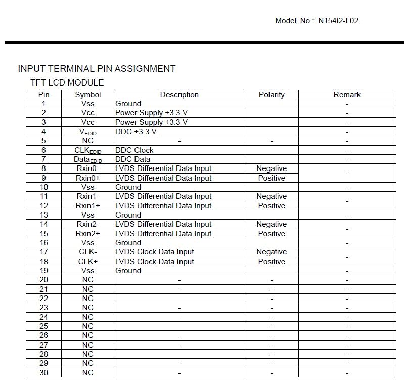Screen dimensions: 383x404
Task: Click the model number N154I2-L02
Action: point(338,21)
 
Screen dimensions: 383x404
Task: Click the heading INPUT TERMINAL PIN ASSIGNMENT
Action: point(97,69)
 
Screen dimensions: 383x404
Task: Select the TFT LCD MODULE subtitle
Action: point(67,82)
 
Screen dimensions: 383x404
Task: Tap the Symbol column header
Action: point(87,95)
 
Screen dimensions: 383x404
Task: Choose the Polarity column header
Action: point(272,95)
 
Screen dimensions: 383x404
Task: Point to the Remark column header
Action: point(347,95)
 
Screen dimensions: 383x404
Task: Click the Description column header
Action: point(179,95)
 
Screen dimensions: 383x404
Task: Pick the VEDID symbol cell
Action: point(87,132)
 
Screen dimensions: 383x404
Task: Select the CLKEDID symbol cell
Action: point(87,150)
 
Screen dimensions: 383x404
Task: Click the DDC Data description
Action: point(132,159)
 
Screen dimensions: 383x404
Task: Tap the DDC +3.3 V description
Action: point(136,132)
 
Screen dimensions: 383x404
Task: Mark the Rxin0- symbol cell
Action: point(87,168)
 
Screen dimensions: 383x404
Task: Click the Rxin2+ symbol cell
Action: point(87,234)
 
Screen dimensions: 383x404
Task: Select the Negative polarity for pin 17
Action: point(272,252)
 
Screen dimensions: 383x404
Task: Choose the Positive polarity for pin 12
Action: point(272,206)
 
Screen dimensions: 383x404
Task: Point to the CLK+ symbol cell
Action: point(87,262)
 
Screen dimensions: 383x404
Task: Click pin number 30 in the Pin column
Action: point(43,372)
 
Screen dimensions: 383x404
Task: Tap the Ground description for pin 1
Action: point(128,104)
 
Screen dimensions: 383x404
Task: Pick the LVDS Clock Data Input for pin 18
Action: point(154,262)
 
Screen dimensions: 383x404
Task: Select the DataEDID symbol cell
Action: point(87,159)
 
